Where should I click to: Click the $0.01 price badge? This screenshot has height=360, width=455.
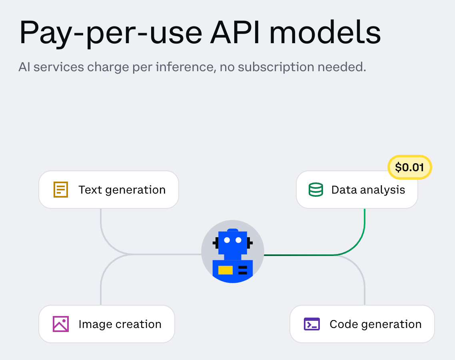[x=410, y=167]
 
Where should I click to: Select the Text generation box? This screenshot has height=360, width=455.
[x=108, y=190]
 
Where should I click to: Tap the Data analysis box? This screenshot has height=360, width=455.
[x=357, y=190]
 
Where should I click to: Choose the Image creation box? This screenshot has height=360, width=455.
[x=107, y=324]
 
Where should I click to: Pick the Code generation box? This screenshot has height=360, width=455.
[x=362, y=324]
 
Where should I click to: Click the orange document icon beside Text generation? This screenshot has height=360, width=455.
[x=61, y=190]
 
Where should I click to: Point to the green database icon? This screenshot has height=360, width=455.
[x=316, y=190]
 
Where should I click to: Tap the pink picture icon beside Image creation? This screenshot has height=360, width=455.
[x=61, y=324]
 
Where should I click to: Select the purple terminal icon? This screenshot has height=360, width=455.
[x=312, y=324]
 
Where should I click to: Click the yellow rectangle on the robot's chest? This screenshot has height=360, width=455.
[x=226, y=270]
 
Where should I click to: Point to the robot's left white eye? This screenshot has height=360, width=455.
[x=227, y=240]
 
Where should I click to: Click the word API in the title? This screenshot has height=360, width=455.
[x=239, y=33]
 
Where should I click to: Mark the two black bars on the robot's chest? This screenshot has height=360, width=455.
[x=243, y=270]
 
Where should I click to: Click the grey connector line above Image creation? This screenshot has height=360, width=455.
[x=101, y=288]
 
